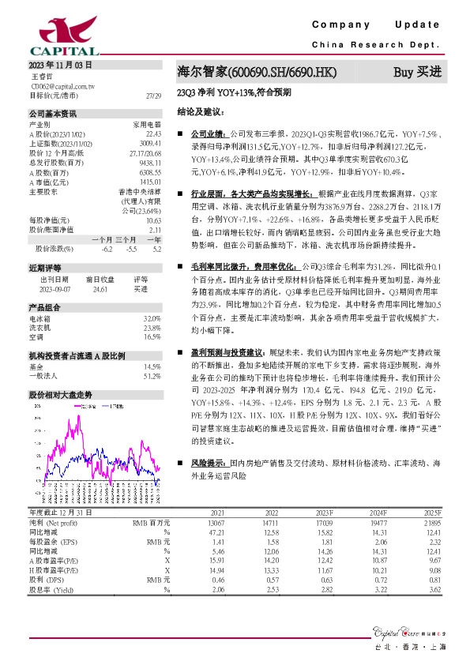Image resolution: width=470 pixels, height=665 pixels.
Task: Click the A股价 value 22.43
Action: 153,134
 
